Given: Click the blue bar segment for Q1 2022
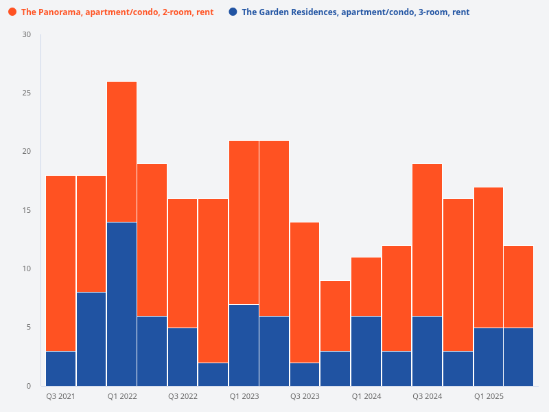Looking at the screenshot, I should (x=121, y=304).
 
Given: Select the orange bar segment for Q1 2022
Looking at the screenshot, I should (x=121, y=152).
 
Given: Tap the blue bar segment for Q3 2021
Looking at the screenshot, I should (x=60, y=368).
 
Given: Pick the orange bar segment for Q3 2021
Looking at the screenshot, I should (x=60, y=263).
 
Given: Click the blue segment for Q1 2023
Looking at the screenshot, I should (x=244, y=345).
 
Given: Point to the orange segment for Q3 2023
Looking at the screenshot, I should (x=305, y=292).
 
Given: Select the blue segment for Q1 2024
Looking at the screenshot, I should (x=366, y=350).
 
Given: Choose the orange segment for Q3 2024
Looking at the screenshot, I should (x=427, y=240).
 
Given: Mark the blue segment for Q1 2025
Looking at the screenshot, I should (x=488, y=356).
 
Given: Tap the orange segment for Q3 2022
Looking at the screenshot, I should (x=183, y=263).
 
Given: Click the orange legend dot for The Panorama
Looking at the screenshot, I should (x=12, y=12).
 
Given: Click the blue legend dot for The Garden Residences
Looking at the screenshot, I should (x=233, y=12).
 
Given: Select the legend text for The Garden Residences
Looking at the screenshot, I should (x=355, y=12).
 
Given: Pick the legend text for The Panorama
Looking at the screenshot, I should (x=117, y=12).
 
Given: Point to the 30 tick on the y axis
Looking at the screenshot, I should (x=27, y=35).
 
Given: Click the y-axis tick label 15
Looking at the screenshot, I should (x=27, y=210).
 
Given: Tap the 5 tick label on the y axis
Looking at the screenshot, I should (x=29, y=327).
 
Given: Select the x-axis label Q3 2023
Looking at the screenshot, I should (x=305, y=397).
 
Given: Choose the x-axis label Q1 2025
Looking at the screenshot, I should (x=489, y=397).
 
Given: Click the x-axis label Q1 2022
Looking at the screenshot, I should (x=121, y=397).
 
